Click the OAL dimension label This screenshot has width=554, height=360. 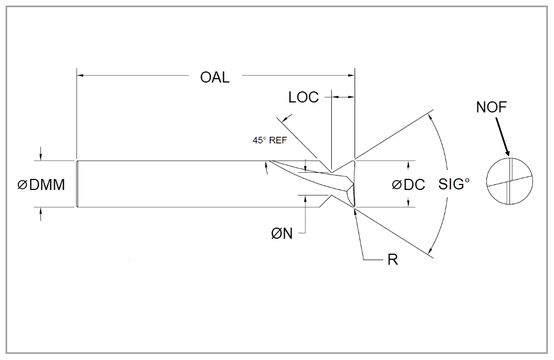click(215, 77)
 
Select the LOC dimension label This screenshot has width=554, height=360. click(304, 97)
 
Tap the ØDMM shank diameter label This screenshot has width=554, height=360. click(42, 185)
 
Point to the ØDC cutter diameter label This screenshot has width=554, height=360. click(409, 185)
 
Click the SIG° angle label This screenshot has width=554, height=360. click(454, 184)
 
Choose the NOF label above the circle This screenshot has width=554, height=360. click(491, 107)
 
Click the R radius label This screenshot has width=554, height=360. click(392, 260)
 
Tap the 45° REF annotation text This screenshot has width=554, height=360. click(270, 141)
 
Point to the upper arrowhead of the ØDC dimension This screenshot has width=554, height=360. click(409, 164)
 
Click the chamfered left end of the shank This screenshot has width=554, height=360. click(77, 184)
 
